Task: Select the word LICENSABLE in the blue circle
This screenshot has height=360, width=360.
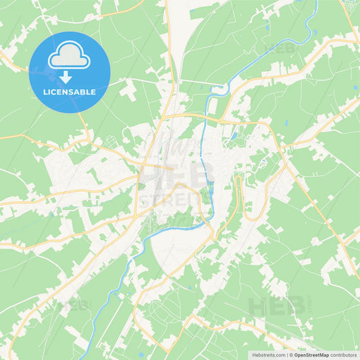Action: point(70,92)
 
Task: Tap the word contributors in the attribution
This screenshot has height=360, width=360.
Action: point(344,355)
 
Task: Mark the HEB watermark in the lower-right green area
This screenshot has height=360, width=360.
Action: point(270,307)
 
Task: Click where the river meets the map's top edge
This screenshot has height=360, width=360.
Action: point(315,2)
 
